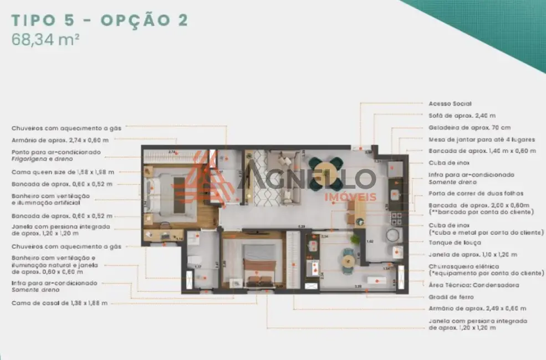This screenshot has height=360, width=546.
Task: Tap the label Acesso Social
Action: pos(450,104)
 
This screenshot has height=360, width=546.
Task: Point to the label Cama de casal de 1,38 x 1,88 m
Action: pos(60,303)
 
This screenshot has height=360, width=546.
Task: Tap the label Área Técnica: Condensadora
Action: pos(474,285)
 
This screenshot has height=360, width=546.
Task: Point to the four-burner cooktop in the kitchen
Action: pos(396,217)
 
